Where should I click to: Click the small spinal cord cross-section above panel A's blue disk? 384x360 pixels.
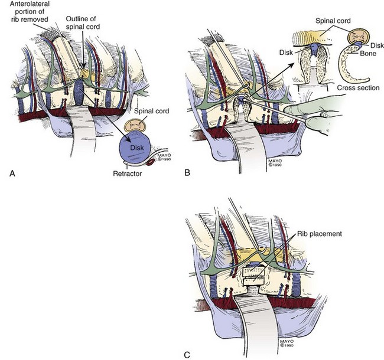[x=137, y=124]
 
